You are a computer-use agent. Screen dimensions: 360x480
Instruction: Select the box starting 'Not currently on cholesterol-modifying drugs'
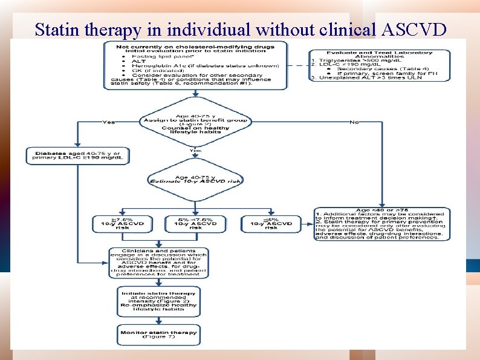[x=195, y=65]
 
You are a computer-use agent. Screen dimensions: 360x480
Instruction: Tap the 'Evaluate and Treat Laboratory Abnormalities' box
[x=381, y=65]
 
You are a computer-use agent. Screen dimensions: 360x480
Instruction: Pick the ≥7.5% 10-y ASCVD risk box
[x=118, y=224]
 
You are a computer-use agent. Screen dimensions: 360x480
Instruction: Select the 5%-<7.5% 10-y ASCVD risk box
[x=195, y=224]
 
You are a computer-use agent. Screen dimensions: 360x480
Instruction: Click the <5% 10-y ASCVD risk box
[x=271, y=224]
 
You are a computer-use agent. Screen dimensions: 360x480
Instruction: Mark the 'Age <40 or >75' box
[x=381, y=224]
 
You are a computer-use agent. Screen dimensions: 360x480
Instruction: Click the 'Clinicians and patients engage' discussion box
[x=158, y=263]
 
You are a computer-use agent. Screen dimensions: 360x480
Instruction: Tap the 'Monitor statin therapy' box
[x=158, y=334]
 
